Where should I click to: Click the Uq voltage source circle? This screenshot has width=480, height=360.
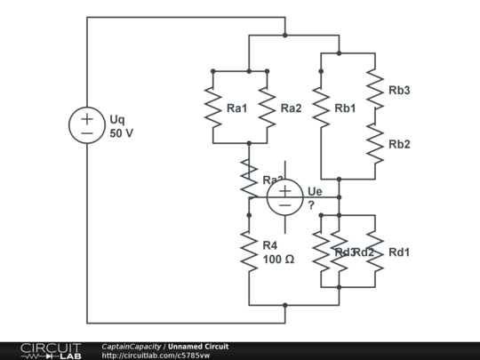click(x=87, y=124)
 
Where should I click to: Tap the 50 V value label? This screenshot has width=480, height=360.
click(x=122, y=134)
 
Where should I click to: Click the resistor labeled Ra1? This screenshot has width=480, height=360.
click(x=213, y=107)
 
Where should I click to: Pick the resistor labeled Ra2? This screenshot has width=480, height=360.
click(x=267, y=107)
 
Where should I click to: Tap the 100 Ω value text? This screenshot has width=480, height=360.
click(x=278, y=260)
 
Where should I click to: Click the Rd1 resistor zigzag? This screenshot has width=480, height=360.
click(x=374, y=251)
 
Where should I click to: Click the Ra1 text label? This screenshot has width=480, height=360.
click(x=237, y=108)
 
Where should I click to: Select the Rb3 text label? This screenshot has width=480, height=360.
click(x=399, y=91)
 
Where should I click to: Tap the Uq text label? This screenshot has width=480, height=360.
click(x=117, y=117)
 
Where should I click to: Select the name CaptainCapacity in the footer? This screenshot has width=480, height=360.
click(x=132, y=347)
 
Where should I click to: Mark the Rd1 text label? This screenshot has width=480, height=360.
click(x=399, y=252)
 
